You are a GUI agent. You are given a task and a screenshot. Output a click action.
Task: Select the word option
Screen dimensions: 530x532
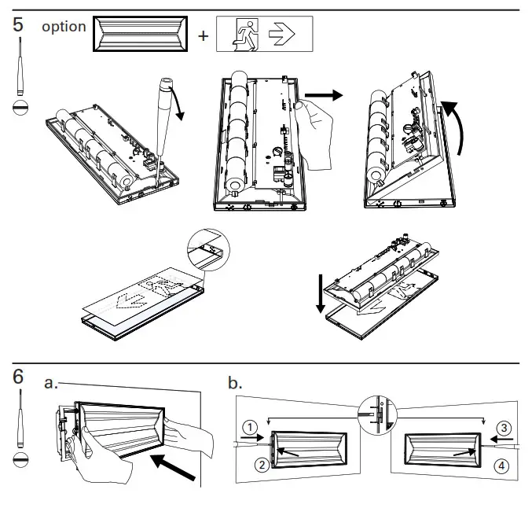64,27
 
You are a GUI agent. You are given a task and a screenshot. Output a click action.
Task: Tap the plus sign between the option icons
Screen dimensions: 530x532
203,35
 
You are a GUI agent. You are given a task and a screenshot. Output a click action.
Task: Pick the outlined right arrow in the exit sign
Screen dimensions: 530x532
281,35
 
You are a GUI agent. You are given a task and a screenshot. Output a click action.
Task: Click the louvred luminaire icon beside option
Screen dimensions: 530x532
141,35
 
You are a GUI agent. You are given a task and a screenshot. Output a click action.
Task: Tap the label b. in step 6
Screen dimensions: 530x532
235,383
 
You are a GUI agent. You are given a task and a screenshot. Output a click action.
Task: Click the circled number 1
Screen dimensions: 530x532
250,428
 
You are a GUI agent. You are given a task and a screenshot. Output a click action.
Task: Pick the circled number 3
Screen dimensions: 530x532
504,428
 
